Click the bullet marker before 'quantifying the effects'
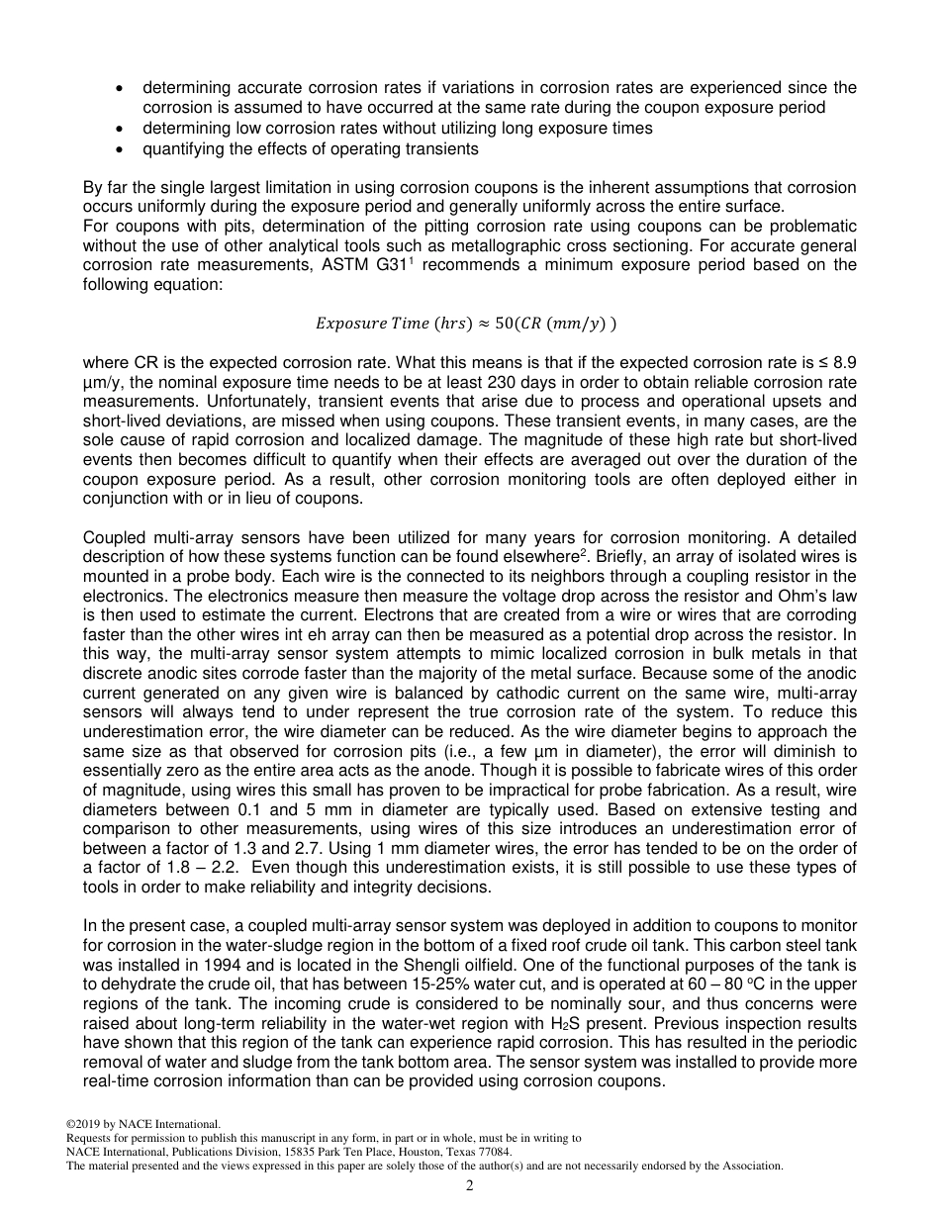tap(120, 149)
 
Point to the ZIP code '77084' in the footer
tap(494, 1152)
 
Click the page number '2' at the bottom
tap(470, 1185)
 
